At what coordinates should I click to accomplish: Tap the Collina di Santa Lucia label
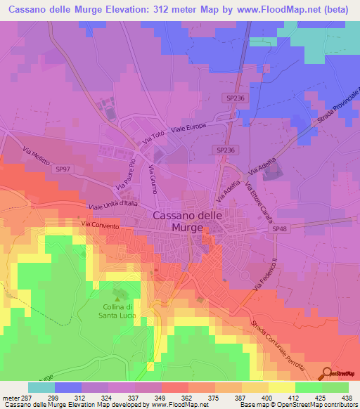click(x=118, y=312)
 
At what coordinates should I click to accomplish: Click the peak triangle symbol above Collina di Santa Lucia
click(x=117, y=292)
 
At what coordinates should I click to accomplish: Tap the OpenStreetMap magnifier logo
click(x=326, y=373)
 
